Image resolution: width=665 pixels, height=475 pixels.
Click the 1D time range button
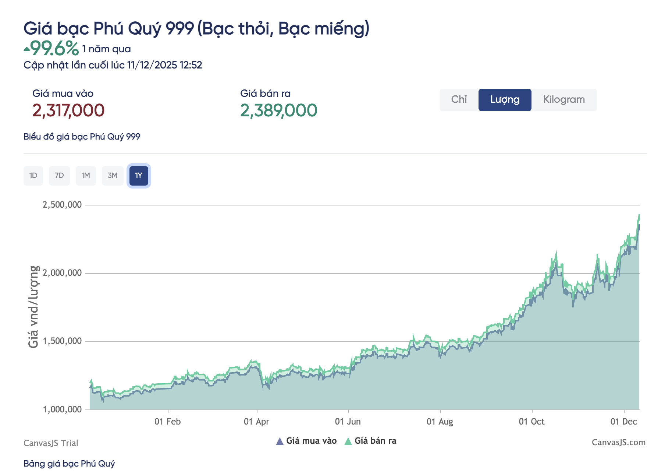tap(33, 176)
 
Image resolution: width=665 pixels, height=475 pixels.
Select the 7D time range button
tap(59, 176)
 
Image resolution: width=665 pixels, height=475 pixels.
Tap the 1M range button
tap(86, 176)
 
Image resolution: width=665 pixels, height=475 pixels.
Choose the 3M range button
tap(113, 176)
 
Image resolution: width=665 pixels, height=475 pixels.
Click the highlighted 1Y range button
tap(139, 176)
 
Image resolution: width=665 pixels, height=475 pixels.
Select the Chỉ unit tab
tap(459, 100)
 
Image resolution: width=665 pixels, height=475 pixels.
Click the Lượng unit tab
tap(505, 100)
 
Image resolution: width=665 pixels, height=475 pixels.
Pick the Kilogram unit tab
tap(564, 100)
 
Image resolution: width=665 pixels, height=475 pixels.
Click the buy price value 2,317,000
tap(68, 110)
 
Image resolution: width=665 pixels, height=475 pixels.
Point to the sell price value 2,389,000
tap(278, 110)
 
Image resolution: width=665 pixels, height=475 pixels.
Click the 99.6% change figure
tap(54, 48)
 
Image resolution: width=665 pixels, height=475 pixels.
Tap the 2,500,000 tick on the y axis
tap(62, 205)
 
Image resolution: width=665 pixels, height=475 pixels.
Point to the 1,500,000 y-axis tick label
tap(62, 341)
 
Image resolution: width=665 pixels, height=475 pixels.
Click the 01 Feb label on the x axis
tap(168, 422)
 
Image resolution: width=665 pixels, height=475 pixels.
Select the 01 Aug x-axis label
tap(440, 422)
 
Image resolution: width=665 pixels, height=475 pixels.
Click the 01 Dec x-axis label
tap(624, 422)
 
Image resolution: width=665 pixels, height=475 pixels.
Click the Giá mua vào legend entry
tap(307, 441)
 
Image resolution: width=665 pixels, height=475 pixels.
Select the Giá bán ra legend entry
tap(371, 441)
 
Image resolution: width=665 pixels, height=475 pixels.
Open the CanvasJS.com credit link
tap(618, 443)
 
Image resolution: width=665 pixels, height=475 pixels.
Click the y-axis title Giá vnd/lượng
tap(33, 307)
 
